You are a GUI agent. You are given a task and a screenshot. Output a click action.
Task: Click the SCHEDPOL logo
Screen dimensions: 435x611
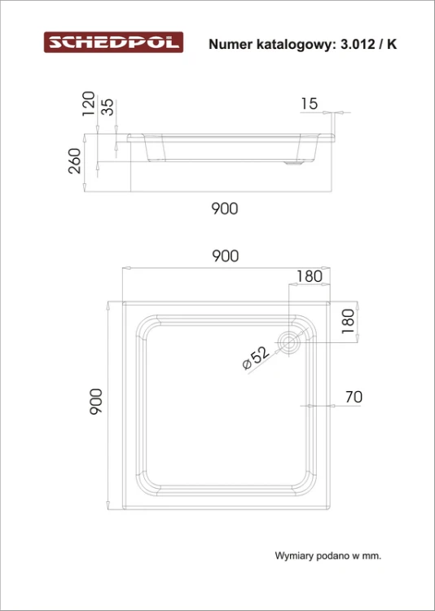click(113, 42)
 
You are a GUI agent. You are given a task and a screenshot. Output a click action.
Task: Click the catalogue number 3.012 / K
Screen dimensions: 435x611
click(369, 45)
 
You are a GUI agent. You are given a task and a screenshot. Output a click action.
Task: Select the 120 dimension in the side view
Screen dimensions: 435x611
click(88, 103)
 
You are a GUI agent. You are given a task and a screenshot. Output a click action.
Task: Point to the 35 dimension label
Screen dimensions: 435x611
click(108, 108)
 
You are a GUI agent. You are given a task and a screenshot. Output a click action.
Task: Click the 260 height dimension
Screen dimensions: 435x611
click(74, 161)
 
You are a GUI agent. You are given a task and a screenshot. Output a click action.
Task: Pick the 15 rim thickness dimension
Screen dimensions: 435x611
click(310, 103)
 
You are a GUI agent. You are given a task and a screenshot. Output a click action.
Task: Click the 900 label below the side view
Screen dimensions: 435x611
click(225, 209)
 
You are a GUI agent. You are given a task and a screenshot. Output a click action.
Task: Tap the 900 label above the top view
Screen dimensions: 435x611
click(225, 256)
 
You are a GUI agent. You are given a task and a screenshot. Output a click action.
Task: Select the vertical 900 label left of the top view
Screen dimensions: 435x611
click(96, 402)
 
